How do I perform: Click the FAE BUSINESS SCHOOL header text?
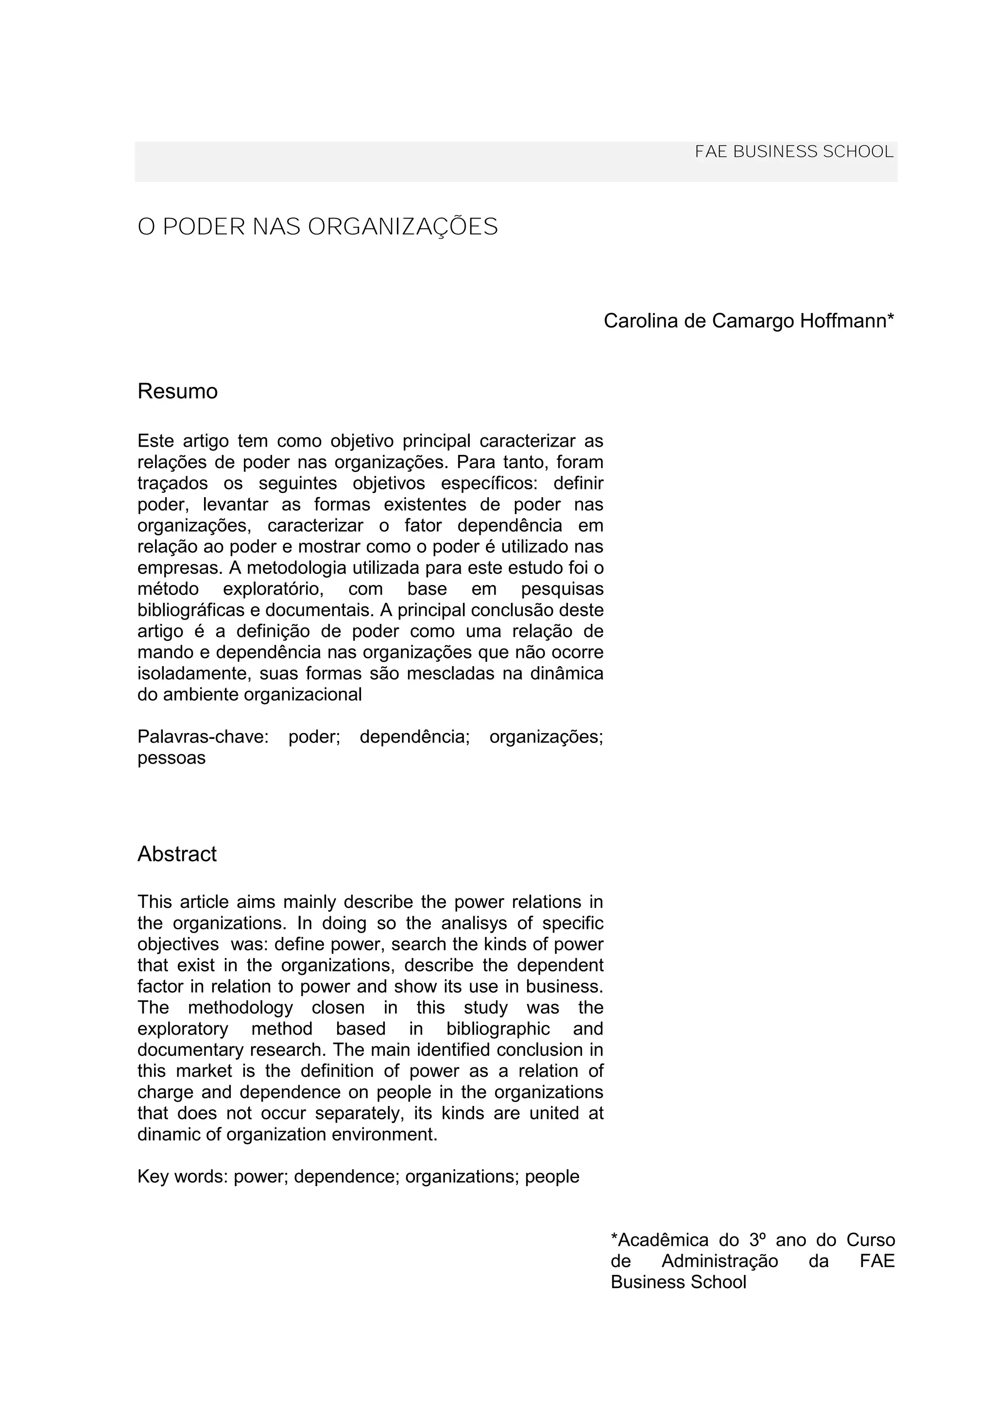click(x=794, y=152)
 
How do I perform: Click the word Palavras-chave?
click(x=203, y=736)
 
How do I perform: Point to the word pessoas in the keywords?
click(x=171, y=758)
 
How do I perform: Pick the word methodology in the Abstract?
click(x=240, y=1007)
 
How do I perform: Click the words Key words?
click(x=182, y=1176)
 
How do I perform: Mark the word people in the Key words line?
click(x=552, y=1176)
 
